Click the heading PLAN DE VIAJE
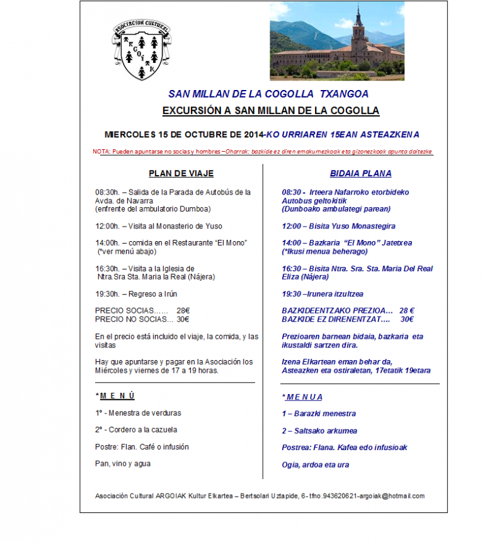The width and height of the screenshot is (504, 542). (181, 173)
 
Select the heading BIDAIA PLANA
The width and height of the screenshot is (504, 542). (360, 173)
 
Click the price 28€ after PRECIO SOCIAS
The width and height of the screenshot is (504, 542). (183, 310)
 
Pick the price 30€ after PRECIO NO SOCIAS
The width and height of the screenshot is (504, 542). (183, 319)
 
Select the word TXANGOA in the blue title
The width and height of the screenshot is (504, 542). (345, 94)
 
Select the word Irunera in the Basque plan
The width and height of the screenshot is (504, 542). (324, 294)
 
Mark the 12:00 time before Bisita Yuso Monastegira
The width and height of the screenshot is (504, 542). (292, 226)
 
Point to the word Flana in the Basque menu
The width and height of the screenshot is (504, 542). (324, 448)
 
